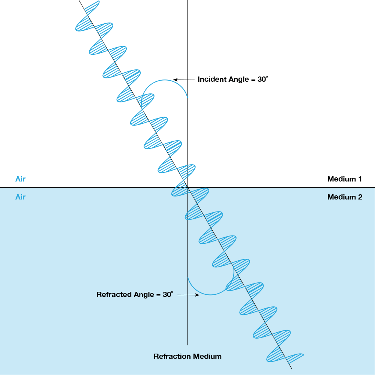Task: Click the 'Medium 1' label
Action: [344, 179]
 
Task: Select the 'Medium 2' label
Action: [345, 197]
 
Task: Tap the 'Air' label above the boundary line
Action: [20, 179]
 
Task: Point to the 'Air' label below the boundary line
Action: [20, 197]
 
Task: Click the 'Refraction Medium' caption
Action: [187, 356]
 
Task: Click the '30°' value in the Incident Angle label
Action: [262, 79]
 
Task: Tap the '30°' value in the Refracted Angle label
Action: [168, 295]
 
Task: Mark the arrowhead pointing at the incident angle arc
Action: [175, 79]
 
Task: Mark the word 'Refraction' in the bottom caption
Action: [172, 356]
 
